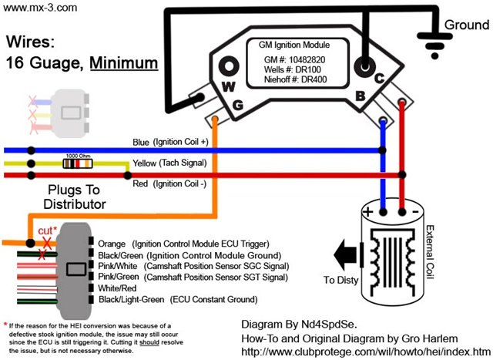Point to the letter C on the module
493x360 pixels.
tap(379, 78)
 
